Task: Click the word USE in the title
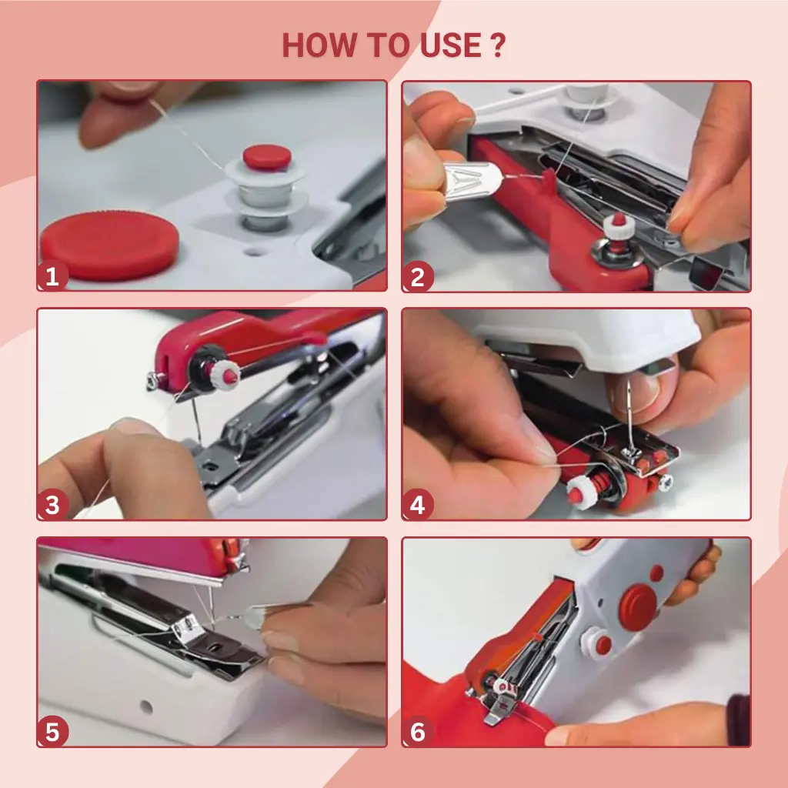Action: pos(450,45)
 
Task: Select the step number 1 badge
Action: pos(52,276)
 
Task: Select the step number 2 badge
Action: pos(418,277)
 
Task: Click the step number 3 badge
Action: pos(52,505)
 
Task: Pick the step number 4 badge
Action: pos(418,505)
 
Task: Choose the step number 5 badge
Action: pos(52,732)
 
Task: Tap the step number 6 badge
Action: pos(418,732)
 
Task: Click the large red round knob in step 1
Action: pos(109,245)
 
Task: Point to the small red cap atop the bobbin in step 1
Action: pos(267,157)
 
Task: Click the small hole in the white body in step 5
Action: pos(146,707)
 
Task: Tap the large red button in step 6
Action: pos(638,607)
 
